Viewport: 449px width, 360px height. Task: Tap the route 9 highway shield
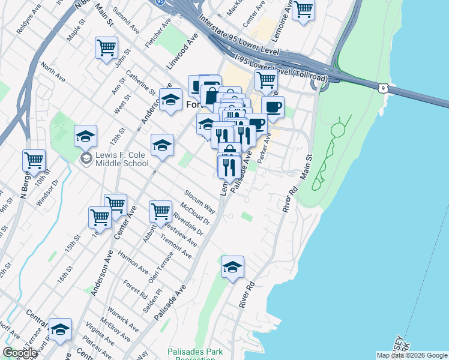pyautogui.click(x=383, y=88)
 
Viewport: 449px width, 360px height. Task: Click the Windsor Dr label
pyautogui.click(x=46, y=193)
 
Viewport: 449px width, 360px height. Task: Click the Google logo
pyautogui.click(x=20, y=353)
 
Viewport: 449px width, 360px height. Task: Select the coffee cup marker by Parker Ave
pyautogui.click(x=273, y=107)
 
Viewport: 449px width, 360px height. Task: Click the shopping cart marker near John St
pyautogui.click(x=106, y=47)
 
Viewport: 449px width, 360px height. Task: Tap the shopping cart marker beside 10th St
pyautogui.click(x=34, y=160)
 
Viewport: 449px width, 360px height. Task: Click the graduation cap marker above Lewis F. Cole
pyautogui.click(x=85, y=136)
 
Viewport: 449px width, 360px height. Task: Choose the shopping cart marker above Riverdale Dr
pyautogui.click(x=160, y=211)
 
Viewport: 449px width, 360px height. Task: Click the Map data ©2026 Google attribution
pyautogui.click(x=412, y=355)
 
